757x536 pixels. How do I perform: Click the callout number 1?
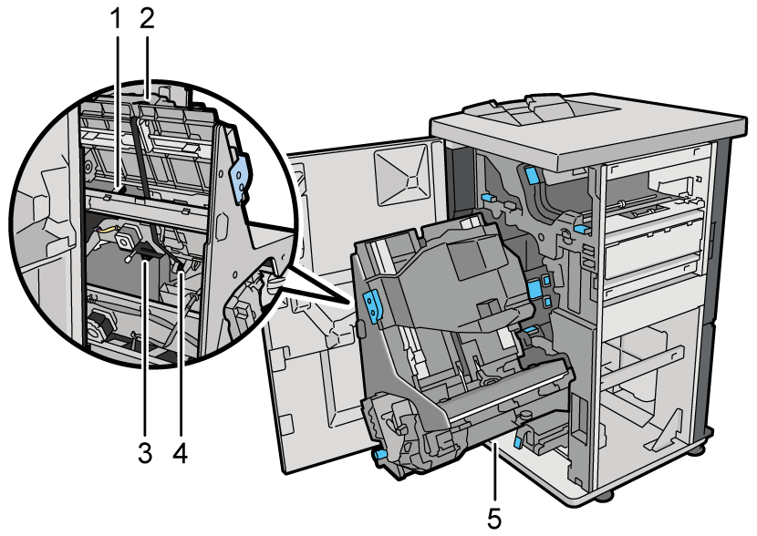(x=116, y=19)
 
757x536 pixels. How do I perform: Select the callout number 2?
(x=146, y=19)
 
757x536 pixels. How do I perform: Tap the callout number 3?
(x=145, y=453)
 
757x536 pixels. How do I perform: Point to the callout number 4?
(x=180, y=453)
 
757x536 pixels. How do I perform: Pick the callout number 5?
(x=494, y=519)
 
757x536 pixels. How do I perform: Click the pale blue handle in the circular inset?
(x=241, y=177)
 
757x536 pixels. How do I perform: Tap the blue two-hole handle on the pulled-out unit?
(x=373, y=306)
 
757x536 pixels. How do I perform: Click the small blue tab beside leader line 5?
(x=518, y=440)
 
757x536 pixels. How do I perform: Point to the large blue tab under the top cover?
(x=531, y=175)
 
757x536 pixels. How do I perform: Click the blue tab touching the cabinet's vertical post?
(x=581, y=228)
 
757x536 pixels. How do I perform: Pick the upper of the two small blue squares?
(x=546, y=280)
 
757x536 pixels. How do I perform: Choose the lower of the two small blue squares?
(x=546, y=302)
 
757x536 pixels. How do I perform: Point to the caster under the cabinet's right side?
(x=698, y=450)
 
